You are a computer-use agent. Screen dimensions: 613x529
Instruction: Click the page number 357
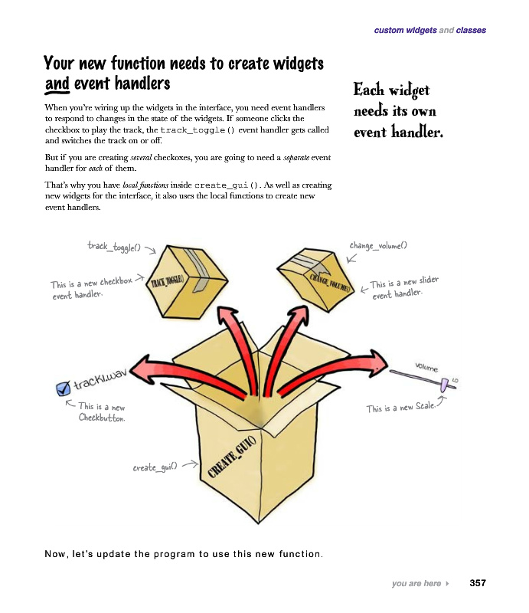tap(478, 583)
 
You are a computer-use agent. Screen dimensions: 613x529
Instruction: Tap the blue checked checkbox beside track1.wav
tap(64, 390)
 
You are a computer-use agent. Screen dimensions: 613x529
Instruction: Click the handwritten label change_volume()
tap(378, 245)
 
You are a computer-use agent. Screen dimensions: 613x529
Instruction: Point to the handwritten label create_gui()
tap(155, 466)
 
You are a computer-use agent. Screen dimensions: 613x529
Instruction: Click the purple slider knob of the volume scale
tap(445, 382)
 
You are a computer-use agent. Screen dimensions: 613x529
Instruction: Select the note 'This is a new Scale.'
tap(399, 407)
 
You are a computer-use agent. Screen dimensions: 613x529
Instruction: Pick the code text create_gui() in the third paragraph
tap(227, 185)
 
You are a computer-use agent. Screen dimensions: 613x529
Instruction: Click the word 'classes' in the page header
tap(471, 31)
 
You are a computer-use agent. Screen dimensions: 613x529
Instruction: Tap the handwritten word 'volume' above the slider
tap(427, 368)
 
